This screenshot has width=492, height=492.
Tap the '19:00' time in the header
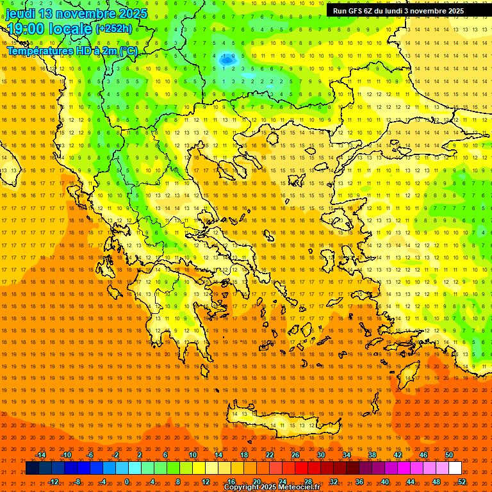point(26,29)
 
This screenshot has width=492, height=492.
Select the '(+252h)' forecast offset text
point(114,29)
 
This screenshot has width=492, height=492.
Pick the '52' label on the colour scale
point(462,482)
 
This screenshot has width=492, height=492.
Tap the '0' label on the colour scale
point(127,482)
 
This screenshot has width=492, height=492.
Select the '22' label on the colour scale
point(270,455)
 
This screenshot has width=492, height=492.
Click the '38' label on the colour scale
point(372,455)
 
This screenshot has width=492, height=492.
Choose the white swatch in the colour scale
point(455,468)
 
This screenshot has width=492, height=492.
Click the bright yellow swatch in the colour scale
point(211,468)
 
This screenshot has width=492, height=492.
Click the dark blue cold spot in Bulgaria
point(226,60)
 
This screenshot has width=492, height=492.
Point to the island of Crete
point(282,420)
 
